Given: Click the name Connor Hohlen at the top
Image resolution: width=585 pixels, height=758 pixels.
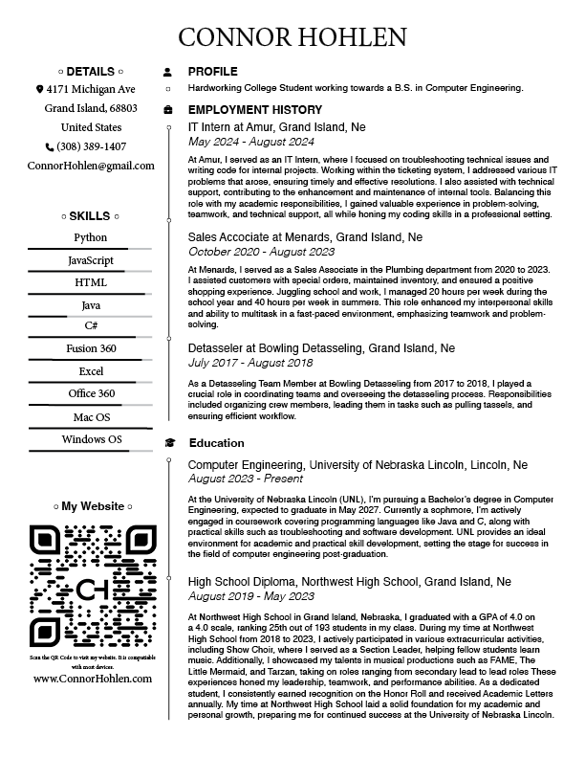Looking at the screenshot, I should click(x=292, y=36).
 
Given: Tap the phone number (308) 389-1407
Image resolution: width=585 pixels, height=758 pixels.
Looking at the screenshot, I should click(x=92, y=146).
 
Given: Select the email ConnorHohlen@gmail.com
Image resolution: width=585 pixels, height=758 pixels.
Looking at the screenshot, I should click(x=91, y=166).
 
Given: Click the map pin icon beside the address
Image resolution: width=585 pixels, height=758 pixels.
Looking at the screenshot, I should click(x=39, y=89).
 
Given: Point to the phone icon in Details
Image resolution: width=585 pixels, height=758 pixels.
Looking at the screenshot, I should click(x=50, y=147).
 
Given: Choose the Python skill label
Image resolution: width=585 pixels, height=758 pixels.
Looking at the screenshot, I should click(x=91, y=237).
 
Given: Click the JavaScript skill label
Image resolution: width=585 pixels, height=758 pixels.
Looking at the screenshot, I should click(x=91, y=260).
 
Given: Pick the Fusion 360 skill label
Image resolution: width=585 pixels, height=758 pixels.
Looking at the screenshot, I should click(x=91, y=348).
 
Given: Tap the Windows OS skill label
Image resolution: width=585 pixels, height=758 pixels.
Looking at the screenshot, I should click(x=91, y=439).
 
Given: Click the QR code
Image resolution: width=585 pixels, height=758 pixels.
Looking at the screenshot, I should click(x=92, y=585).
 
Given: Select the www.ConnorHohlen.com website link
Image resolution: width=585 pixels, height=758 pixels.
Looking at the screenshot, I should click(x=92, y=679).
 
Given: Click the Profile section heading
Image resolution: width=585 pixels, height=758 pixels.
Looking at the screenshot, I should click(x=212, y=72).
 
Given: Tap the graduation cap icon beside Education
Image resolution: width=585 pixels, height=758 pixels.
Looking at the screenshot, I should click(x=169, y=443).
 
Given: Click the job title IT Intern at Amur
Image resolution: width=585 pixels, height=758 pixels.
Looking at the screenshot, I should click(x=276, y=127).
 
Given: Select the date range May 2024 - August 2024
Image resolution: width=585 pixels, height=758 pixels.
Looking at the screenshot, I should click(x=250, y=142).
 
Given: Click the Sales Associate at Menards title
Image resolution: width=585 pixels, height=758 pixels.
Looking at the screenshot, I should click(x=305, y=236).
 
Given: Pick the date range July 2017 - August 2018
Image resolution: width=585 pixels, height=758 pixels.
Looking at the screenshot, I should click(x=250, y=363).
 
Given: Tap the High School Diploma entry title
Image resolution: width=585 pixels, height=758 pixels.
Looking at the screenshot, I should click(x=349, y=581).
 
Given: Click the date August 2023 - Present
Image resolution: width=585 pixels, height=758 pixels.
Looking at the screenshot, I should click(x=247, y=479).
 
